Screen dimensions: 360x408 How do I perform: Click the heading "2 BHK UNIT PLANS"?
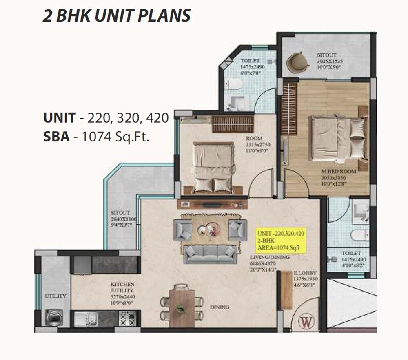(x=117, y=15)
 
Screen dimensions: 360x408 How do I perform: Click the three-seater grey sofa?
(x=210, y=254)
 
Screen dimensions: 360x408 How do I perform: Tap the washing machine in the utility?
(x=53, y=317)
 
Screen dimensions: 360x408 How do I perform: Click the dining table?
(x=182, y=307)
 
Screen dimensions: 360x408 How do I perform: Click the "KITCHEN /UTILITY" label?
(x=122, y=287)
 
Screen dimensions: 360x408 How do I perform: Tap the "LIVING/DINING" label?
(x=270, y=257)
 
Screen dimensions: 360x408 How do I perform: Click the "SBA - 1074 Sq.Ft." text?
(x=96, y=137)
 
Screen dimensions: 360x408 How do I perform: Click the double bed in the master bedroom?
(x=338, y=138)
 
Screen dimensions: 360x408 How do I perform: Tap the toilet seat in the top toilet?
(x=235, y=84)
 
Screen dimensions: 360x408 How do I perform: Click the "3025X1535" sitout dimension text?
(x=330, y=62)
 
